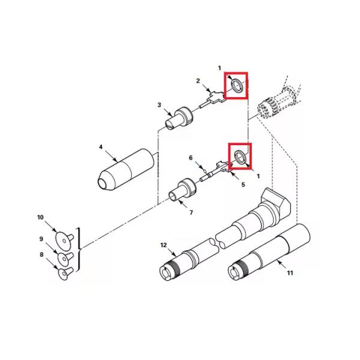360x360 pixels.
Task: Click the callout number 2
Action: (198, 81)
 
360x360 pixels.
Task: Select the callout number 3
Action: (160, 105)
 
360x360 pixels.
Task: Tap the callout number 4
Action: (101, 147)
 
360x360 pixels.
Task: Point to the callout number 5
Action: (243, 185)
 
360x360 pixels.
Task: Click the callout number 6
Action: (191, 158)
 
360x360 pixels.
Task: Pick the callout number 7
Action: (191, 212)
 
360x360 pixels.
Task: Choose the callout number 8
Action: (41, 254)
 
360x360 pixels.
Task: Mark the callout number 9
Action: (41, 239)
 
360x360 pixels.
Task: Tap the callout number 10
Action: (40, 217)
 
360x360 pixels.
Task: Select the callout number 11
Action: (290, 273)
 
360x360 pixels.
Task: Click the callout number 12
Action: (163, 245)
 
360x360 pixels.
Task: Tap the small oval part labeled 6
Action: (205, 171)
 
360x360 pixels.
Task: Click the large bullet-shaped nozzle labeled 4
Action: (126, 169)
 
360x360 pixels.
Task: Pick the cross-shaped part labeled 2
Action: (214, 97)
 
